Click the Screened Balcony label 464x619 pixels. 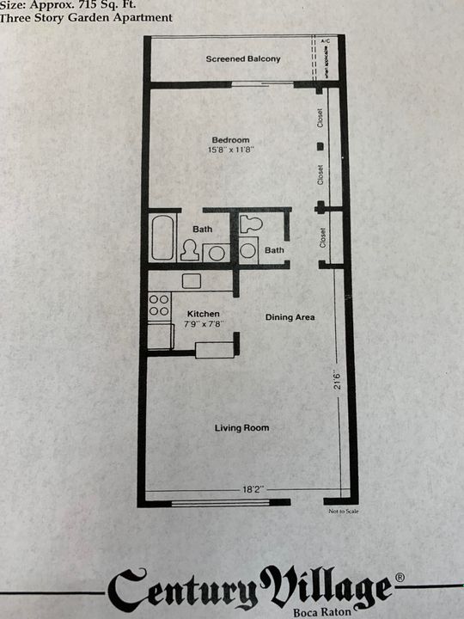[242, 58]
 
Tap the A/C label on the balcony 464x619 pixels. [326, 41]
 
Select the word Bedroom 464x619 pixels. [231, 140]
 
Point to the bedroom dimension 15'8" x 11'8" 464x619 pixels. [231, 150]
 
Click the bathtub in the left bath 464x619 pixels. [162, 238]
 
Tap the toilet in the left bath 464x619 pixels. [188, 250]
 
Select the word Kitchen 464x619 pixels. [203, 315]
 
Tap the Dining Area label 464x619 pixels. [290, 317]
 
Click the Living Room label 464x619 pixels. [241, 428]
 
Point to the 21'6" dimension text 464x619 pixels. [339, 379]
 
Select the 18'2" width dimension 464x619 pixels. [252, 489]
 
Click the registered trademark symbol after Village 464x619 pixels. [399, 577]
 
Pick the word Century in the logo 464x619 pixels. [183, 590]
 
